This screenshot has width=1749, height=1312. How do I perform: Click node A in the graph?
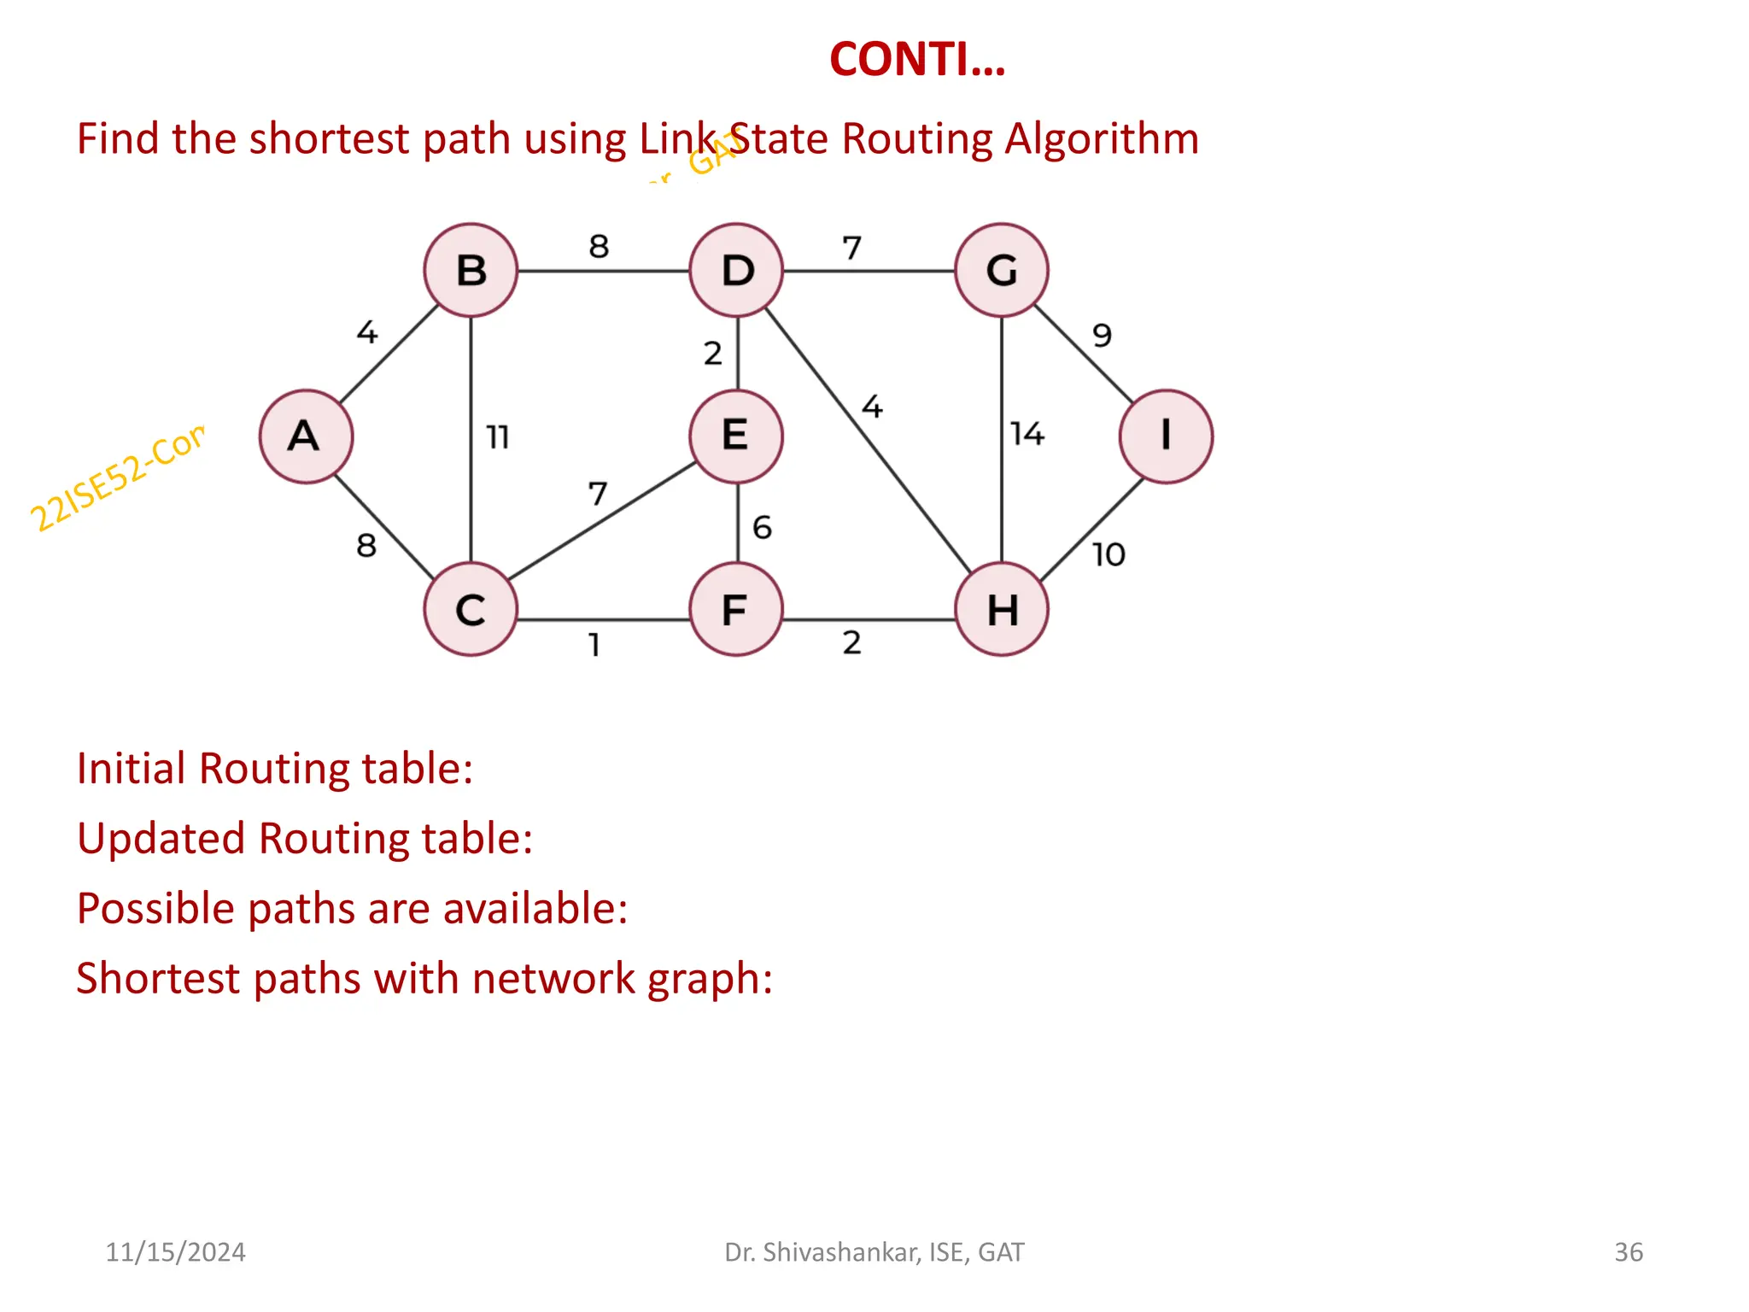pyautogui.click(x=306, y=436)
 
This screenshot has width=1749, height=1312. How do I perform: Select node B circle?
pyautogui.click(x=471, y=270)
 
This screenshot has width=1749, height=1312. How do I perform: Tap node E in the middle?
pyautogui.click(x=736, y=436)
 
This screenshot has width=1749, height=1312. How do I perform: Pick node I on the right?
pyautogui.click(x=1166, y=436)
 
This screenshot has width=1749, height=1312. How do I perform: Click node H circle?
pyautogui.click(x=1002, y=610)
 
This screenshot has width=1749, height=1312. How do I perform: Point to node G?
pyautogui.click(x=1002, y=270)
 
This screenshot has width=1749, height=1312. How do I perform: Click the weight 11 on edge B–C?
pyautogui.click(x=498, y=437)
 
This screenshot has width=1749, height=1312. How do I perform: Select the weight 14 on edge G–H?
pyautogui.click(x=1027, y=434)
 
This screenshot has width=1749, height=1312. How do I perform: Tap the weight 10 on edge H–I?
pyautogui.click(x=1108, y=555)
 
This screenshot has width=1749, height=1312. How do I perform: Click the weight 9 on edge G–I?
pyautogui.click(x=1103, y=335)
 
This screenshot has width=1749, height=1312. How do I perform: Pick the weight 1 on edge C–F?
pyautogui.click(x=594, y=644)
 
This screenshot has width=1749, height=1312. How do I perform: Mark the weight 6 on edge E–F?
pyautogui.click(x=762, y=528)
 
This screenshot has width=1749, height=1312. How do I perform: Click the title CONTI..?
pyautogui.click(x=917, y=60)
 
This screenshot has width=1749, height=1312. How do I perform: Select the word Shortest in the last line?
pyautogui.click(x=157, y=978)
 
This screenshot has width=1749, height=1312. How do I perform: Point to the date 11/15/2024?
pyautogui.click(x=175, y=1252)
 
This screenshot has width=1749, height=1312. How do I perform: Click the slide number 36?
pyautogui.click(x=1628, y=1252)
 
